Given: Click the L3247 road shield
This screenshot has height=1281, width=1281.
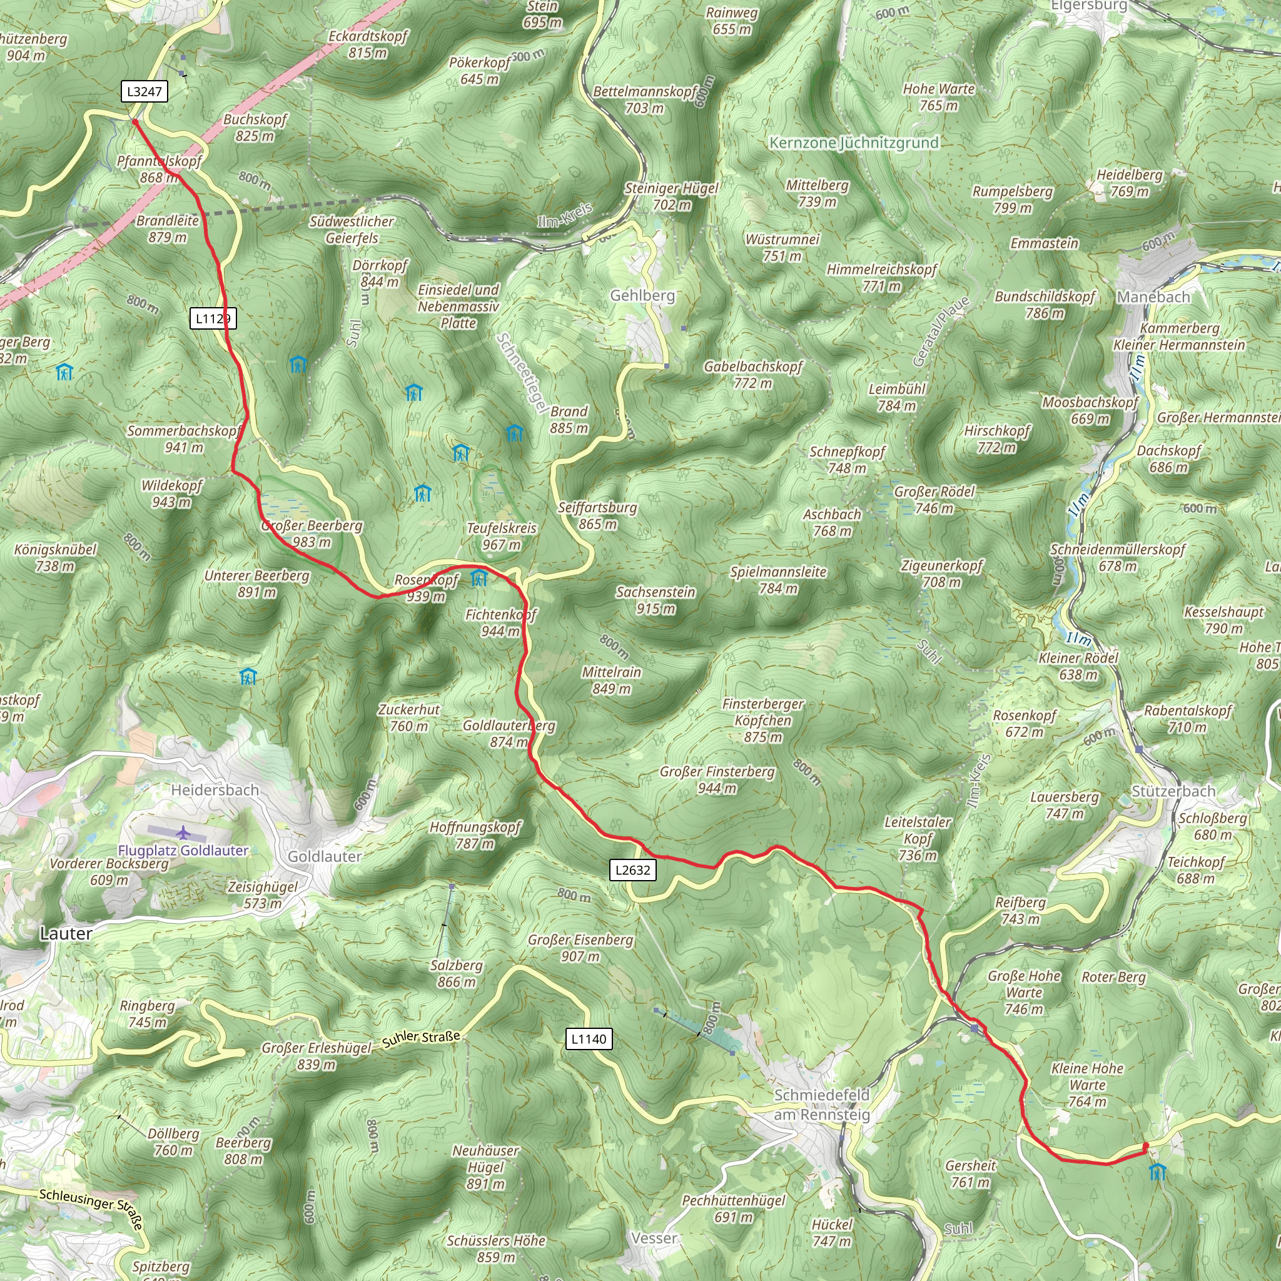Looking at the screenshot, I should pos(144,91).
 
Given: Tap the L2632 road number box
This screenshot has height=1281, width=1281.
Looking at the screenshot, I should pos(632,870).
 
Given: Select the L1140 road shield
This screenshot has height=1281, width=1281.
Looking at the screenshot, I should pos(589,1039).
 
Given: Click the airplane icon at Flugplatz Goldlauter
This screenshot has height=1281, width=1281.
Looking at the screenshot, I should pos(183,832).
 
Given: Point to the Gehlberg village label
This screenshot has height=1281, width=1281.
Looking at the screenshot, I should pos(642,296).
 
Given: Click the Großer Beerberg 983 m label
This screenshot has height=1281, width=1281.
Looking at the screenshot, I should pos(311,534).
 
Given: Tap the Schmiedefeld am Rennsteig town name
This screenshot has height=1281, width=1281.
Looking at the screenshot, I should pos(821,1105).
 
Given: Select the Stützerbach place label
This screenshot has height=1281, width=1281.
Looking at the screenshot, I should pos(1173,791).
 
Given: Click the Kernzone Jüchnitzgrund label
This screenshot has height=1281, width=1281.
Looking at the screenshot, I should pos(854,143).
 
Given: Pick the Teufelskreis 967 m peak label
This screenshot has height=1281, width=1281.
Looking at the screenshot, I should pos(501,537).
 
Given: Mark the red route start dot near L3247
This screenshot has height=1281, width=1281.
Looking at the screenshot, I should pos(134,122).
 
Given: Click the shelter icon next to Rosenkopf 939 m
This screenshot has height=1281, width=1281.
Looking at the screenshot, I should pos(478,579).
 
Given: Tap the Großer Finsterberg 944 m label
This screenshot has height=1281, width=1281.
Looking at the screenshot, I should pos(717,780).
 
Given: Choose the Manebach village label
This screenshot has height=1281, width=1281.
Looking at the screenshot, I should pos(1153,297).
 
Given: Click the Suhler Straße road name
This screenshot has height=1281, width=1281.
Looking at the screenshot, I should pos(421,1039).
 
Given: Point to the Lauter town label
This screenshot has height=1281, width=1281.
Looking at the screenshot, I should pos(66,934).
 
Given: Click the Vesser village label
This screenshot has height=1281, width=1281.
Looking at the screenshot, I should pos(654,1238).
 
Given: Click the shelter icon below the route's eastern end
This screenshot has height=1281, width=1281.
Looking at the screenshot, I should pos(1157,1172).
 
